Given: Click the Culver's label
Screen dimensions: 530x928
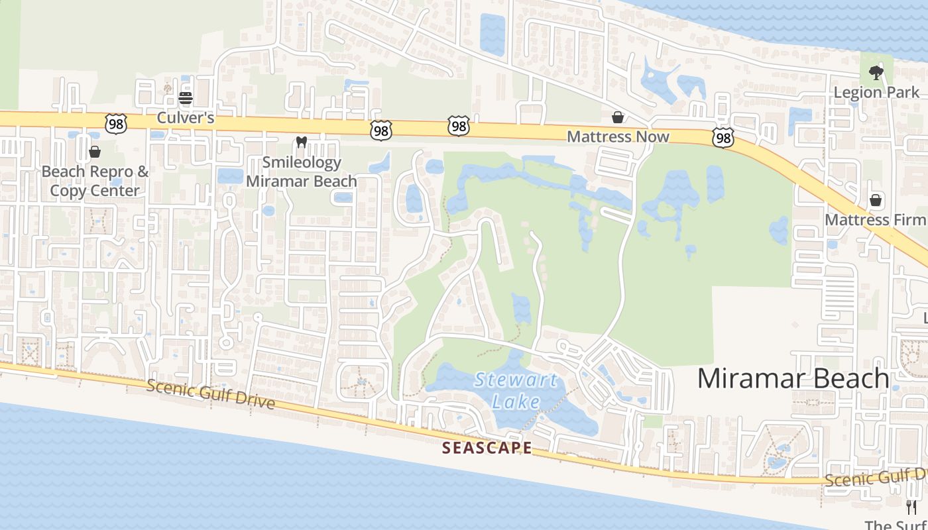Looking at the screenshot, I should point(186,118).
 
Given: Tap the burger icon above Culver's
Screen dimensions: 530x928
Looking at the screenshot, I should point(186,99).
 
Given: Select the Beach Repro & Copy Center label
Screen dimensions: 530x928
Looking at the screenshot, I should point(95,181).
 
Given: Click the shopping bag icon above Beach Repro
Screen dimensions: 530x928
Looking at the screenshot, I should point(95,152).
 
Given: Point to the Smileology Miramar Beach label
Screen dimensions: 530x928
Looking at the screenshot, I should point(302,172).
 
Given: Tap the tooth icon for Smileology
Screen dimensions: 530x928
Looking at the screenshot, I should point(301,142).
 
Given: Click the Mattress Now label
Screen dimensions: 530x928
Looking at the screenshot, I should point(618,136).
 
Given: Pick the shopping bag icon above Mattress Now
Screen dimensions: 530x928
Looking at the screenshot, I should point(618,117).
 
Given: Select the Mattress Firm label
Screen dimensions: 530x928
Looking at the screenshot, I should point(875,219).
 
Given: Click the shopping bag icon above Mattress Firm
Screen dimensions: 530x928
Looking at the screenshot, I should point(876,199).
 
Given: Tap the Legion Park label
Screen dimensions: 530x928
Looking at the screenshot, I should point(876,92).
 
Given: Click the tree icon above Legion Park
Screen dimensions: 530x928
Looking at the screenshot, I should point(876,72).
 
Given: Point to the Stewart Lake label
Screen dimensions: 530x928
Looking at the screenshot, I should point(516,390).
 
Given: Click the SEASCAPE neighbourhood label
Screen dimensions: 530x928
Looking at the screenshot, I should point(487,448).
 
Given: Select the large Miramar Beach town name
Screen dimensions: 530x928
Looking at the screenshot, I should point(793,378).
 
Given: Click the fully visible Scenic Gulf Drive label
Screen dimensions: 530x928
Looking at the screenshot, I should point(210,394).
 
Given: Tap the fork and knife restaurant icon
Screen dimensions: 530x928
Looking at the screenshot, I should point(911,507).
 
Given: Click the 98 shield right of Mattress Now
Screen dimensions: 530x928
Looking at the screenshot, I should point(723,138).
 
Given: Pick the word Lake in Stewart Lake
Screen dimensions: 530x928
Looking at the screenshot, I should point(516,401).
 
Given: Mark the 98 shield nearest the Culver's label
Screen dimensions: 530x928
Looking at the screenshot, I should point(115,123).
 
